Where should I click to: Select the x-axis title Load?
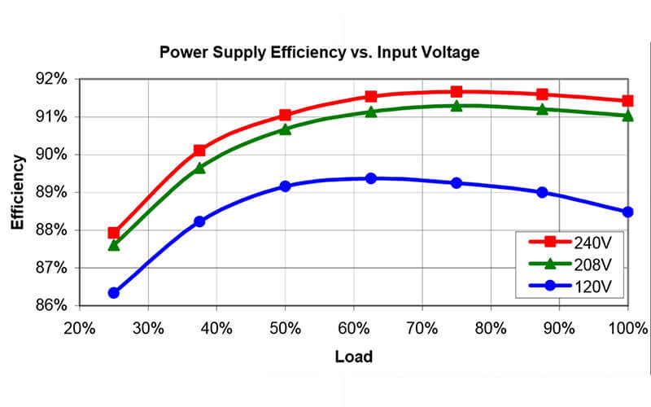tap(352, 356)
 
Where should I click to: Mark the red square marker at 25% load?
tap(114, 233)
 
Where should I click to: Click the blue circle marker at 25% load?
tap(114, 292)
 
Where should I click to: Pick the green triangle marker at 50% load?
tap(285, 129)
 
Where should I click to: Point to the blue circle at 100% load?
tap(627, 212)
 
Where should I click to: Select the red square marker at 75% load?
tap(457, 91)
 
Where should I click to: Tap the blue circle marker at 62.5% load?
tap(371, 177)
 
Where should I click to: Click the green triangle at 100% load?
tap(627, 116)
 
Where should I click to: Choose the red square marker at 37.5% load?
tap(199, 150)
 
